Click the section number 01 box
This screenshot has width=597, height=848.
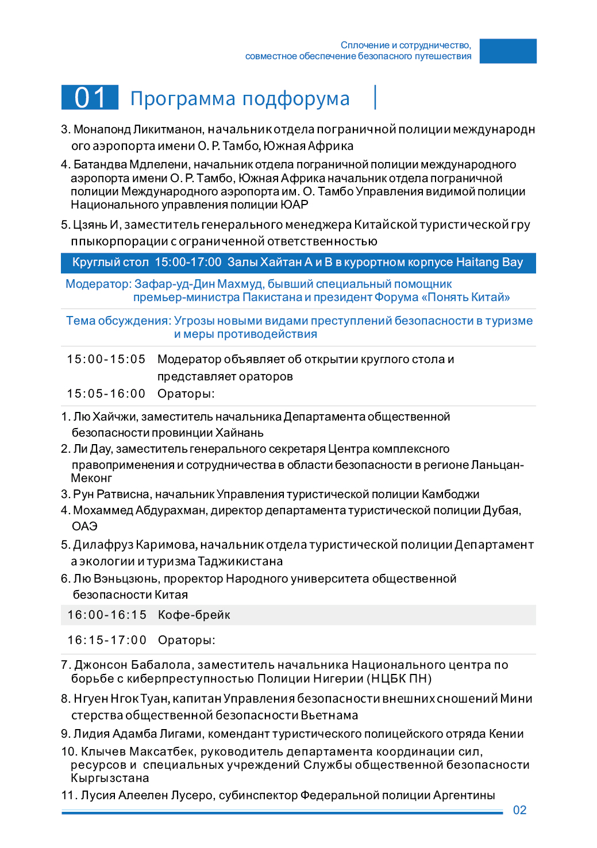tap(90, 98)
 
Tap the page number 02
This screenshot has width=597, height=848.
tap(519, 810)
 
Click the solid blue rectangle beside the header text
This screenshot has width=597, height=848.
tap(508, 51)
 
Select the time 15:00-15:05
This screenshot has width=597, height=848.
tap(106, 360)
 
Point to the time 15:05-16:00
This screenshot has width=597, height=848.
tap(106, 394)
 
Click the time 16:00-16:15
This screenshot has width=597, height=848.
tap(107, 615)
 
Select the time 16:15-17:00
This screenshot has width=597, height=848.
tap(107, 641)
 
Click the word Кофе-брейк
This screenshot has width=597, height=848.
tap(194, 615)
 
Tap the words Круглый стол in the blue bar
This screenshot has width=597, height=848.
tap(110, 263)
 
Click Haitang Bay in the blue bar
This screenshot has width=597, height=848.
tap(489, 263)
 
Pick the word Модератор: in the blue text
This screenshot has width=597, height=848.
tap(98, 284)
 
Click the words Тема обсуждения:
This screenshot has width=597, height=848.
tap(118, 321)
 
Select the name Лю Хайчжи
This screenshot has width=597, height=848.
tap(105, 417)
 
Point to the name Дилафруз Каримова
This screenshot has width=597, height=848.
tap(135, 545)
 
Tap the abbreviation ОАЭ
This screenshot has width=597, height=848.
tap(84, 527)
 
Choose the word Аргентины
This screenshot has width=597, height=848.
tap(464, 796)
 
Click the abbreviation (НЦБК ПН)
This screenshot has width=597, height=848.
tap(400, 679)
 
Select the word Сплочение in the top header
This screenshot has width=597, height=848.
tap(365, 45)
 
